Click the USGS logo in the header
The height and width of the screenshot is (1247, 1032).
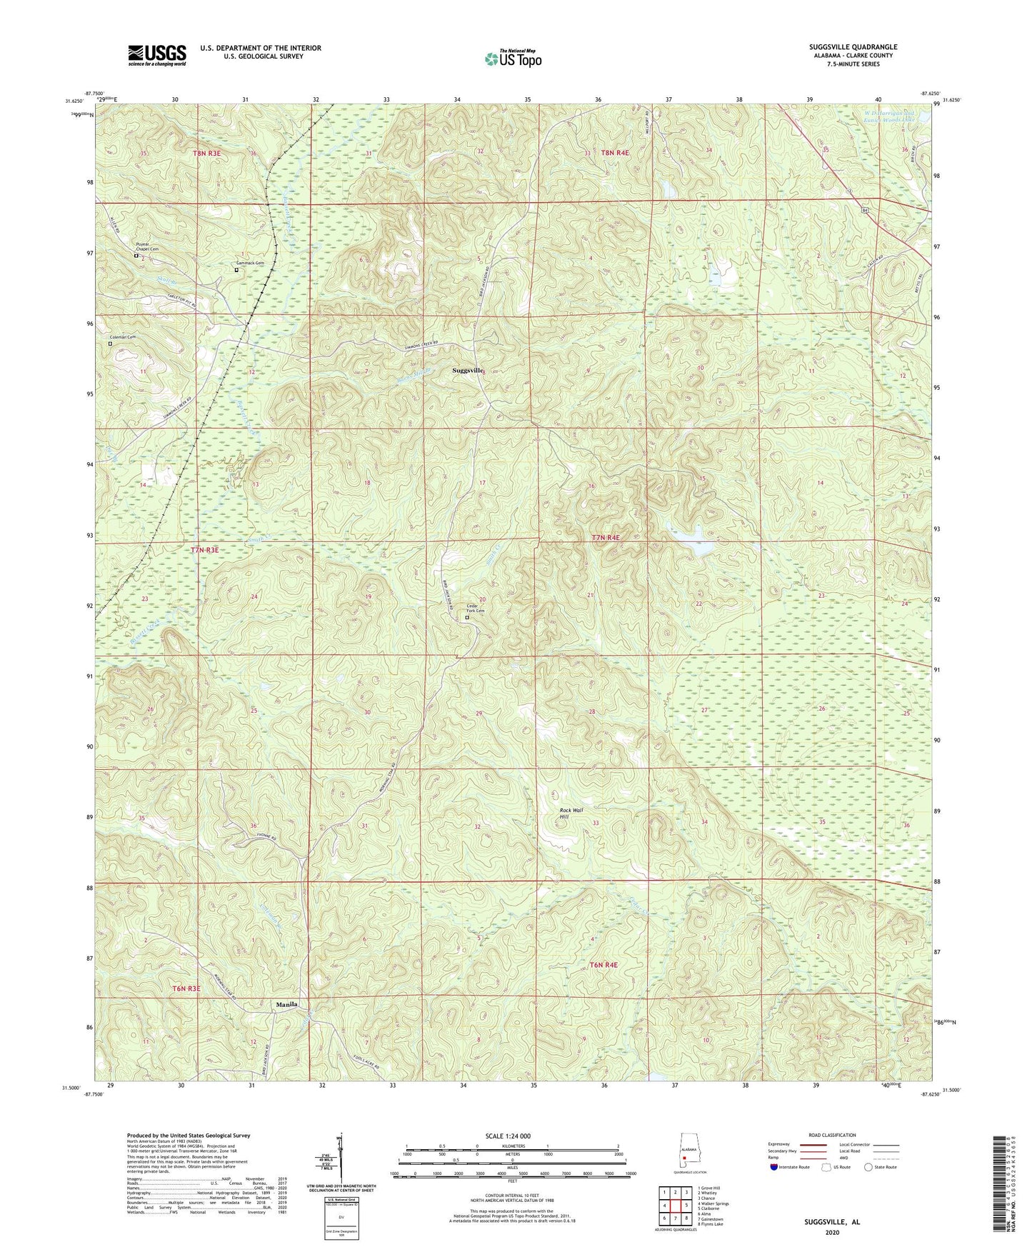(x=157, y=54)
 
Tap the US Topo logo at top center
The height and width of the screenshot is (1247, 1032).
(x=513, y=59)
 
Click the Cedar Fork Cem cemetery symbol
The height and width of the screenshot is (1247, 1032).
(x=468, y=619)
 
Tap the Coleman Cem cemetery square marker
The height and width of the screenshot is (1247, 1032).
(x=110, y=344)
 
